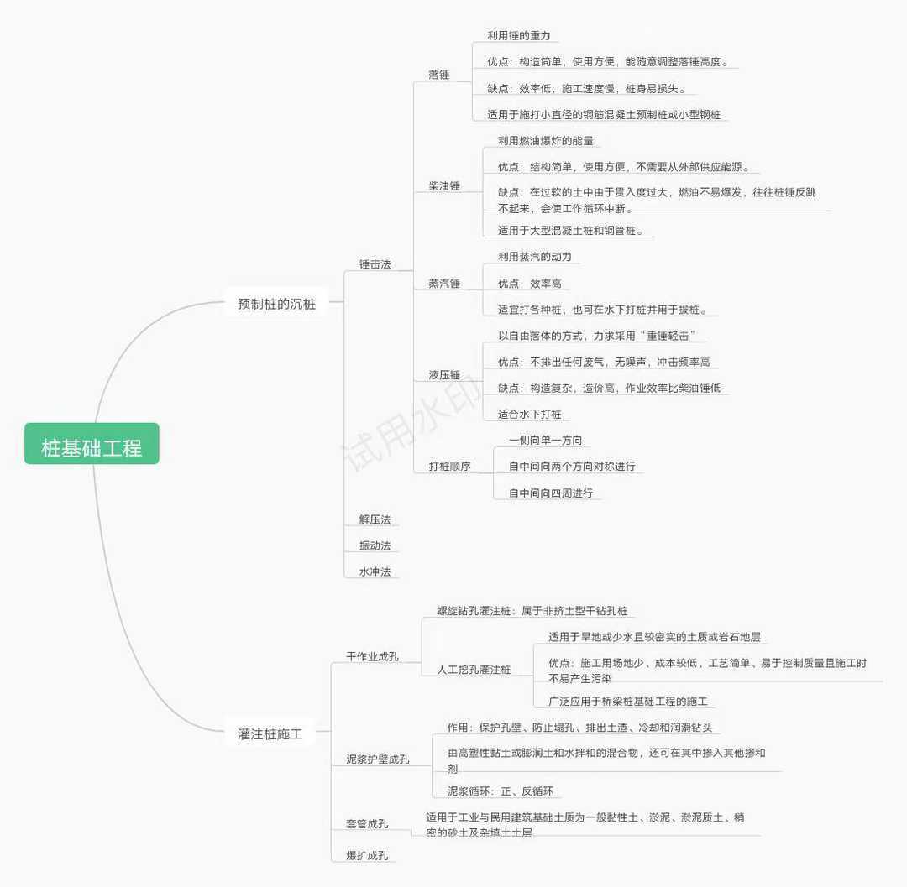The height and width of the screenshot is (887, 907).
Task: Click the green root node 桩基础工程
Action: [x=92, y=447]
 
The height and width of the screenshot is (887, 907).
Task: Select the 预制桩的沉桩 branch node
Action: [x=276, y=304]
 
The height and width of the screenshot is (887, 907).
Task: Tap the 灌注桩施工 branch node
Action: [x=270, y=734]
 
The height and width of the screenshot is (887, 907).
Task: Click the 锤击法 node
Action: [x=375, y=264]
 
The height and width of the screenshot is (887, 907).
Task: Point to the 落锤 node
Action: [x=438, y=75]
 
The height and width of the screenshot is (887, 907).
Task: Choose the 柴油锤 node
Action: [x=444, y=185]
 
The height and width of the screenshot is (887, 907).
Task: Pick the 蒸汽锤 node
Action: [x=444, y=284]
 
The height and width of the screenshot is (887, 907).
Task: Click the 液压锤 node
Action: [x=444, y=374]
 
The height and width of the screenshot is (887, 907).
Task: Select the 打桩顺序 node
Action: [x=449, y=466]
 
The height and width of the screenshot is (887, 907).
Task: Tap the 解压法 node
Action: [x=375, y=519]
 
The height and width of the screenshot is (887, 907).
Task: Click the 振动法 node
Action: [x=375, y=545]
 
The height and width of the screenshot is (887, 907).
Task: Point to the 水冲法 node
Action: [x=375, y=571]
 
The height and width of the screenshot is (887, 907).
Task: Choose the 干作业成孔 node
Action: [x=372, y=655]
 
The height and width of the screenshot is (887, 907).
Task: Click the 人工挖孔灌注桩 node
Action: [x=474, y=670]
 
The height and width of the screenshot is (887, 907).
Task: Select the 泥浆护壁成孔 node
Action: [x=378, y=759]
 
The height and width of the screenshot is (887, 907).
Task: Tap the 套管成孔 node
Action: [x=367, y=824]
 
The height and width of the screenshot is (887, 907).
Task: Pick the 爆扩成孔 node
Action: [x=367, y=856]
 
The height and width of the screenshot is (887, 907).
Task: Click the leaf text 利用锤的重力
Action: [x=518, y=36]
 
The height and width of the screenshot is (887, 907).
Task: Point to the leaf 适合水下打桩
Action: [x=529, y=414]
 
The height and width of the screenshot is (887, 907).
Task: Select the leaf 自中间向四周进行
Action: [x=550, y=493]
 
